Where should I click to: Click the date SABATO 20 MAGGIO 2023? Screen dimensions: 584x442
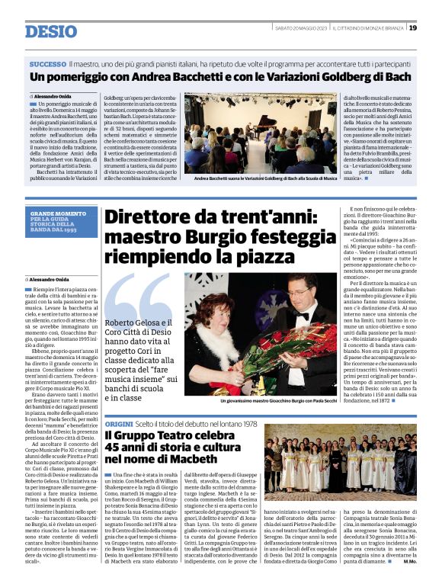(300, 27)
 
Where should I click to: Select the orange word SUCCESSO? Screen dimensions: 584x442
(48, 64)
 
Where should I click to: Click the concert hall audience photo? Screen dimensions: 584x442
(260, 133)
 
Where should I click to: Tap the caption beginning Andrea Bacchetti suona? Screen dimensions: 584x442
(260, 178)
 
